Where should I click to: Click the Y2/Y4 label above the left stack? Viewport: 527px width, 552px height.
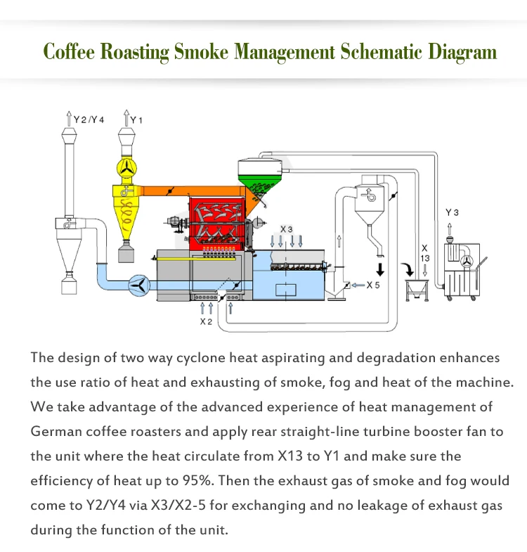(x=90, y=120)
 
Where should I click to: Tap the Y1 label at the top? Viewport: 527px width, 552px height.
(x=136, y=120)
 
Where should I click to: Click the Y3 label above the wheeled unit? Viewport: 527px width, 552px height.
(x=453, y=212)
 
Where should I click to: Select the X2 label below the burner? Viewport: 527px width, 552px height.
(x=206, y=321)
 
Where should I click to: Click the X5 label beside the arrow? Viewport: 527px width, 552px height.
(x=372, y=285)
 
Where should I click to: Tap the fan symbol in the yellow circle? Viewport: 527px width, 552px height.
(x=127, y=167)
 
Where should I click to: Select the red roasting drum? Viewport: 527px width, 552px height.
(x=216, y=222)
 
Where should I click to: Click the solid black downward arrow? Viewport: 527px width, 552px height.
(x=380, y=269)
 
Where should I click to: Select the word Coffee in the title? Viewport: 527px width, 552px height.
(x=68, y=52)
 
